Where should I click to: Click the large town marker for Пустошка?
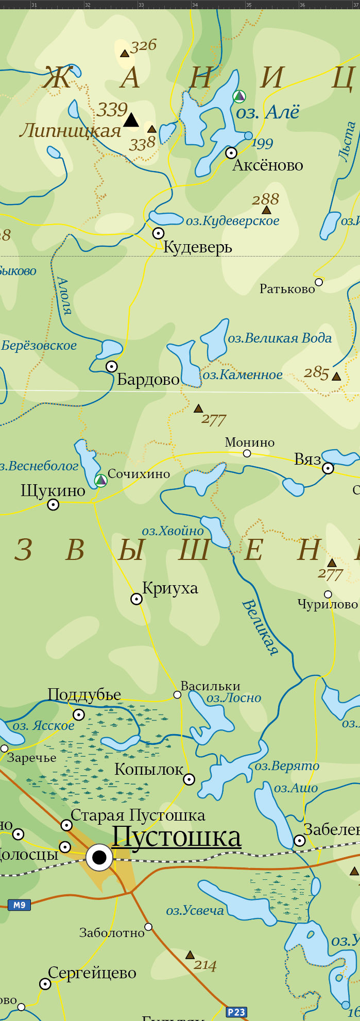click(x=99, y=858)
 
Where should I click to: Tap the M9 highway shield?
click(x=19, y=905)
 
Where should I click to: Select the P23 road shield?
click(x=236, y=1012)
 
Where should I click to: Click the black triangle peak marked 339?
click(x=131, y=120)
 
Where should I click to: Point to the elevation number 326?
click(x=143, y=46)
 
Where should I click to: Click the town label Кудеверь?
click(x=198, y=247)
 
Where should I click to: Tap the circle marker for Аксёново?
click(x=231, y=152)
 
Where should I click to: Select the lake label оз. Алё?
click(x=267, y=112)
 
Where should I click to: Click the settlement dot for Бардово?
click(x=112, y=366)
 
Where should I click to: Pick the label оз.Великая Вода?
click(x=280, y=338)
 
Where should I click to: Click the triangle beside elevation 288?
click(x=266, y=210)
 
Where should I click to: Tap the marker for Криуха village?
click(x=136, y=599)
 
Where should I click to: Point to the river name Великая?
click(x=260, y=627)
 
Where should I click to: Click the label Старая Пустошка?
click(x=138, y=815)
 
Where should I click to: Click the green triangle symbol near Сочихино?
click(x=101, y=480)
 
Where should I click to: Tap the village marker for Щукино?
click(x=53, y=505)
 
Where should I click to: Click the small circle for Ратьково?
click(x=319, y=282)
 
